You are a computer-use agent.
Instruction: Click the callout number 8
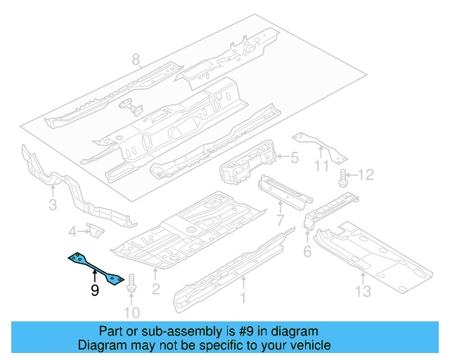click(136, 60)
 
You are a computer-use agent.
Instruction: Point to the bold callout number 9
click(95, 290)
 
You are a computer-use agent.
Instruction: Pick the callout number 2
click(156, 289)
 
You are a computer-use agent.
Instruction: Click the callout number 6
click(307, 252)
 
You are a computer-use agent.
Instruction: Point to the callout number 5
click(295, 160)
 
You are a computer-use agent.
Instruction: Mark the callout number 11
click(321, 166)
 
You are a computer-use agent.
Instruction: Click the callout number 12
click(368, 174)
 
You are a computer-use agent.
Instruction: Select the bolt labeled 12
click(343, 176)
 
